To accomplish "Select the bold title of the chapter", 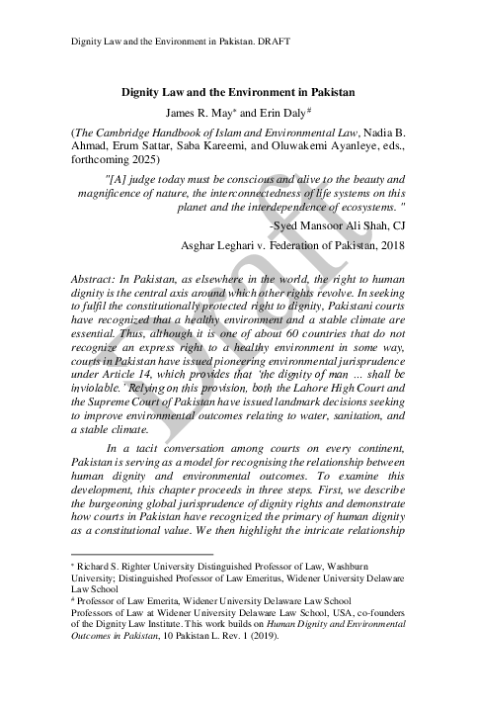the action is pos(237,90).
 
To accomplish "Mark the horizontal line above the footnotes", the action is pos(142,555).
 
